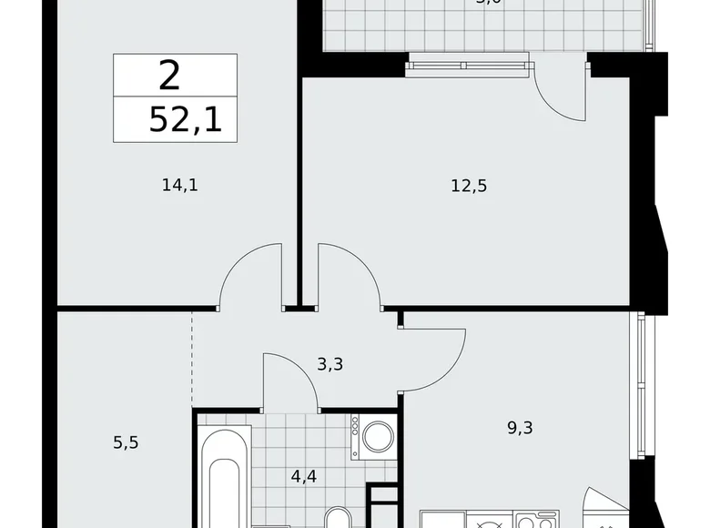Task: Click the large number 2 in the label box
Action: pyautogui.click(x=168, y=76)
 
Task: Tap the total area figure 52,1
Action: pyautogui.click(x=186, y=119)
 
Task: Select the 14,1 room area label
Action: pyautogui.click(x=179, y=186)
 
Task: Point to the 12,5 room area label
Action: pyautogui.click(x=469, y=186)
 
